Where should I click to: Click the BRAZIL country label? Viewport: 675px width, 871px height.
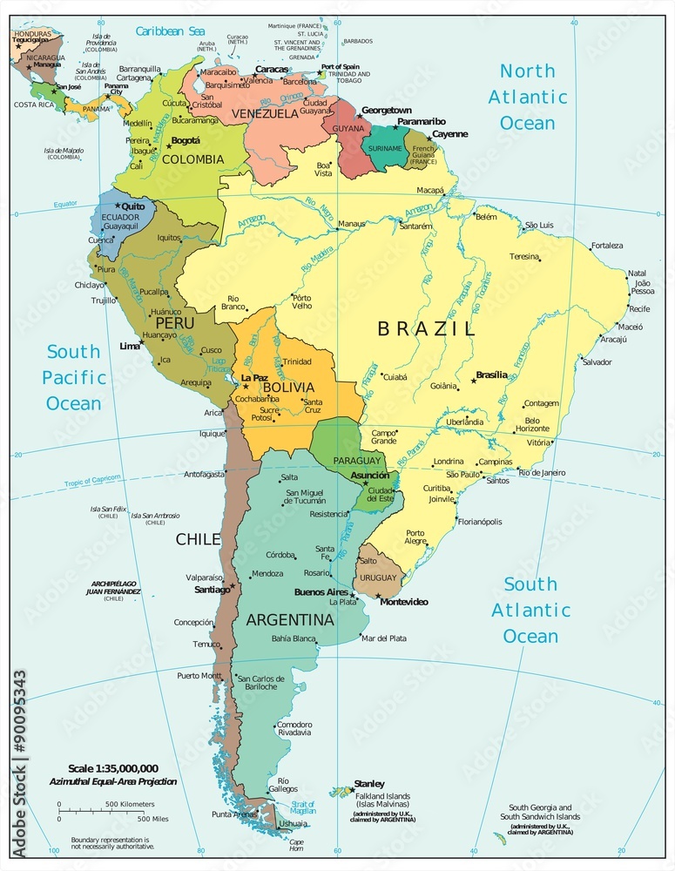(x=427, y=329)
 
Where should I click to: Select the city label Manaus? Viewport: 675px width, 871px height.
(x=352, y=224)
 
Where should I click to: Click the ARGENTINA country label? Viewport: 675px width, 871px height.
(x=290, y=620)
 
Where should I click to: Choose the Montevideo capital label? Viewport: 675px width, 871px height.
(x=404, y=602)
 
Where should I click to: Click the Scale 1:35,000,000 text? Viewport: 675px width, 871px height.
(x=113, y=768)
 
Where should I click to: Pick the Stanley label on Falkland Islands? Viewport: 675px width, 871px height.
(x=368, y=784)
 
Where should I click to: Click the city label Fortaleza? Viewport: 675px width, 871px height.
(x=606, y=246)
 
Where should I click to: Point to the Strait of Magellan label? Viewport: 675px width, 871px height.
(x=302, y=807)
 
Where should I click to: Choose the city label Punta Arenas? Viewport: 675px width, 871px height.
(x=234, y=814)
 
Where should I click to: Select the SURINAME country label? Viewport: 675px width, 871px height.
(x=384, y=148)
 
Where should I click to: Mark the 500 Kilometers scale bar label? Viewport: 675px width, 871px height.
(x=131, y=803)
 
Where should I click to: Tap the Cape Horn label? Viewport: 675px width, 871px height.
(x=296, y=846)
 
